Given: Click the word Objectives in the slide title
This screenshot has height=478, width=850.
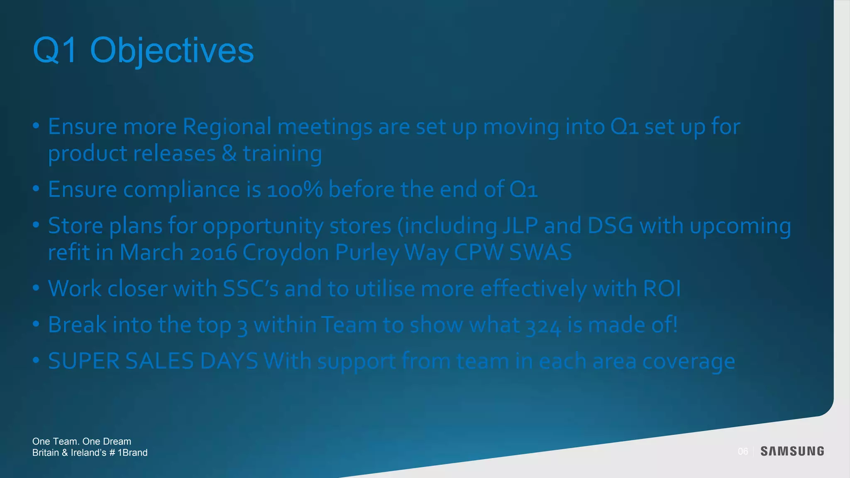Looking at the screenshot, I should tap(171, 51).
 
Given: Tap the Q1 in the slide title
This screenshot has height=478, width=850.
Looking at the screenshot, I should tap(55, 51).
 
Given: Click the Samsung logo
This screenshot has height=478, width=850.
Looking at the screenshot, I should tap(792, 451).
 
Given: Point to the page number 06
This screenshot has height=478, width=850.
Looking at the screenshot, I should tap(743, 451).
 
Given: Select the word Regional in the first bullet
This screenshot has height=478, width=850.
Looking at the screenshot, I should tap(227, 127).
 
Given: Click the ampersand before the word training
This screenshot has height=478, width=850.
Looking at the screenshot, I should tap(229, 154).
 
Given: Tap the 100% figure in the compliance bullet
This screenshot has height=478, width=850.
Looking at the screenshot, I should tap(295, 190).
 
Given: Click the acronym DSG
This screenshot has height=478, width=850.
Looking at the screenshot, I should tap(610, 226).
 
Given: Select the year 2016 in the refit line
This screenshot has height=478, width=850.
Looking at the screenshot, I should tap(213, 253).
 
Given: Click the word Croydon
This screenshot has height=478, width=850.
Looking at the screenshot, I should tap(286, 253).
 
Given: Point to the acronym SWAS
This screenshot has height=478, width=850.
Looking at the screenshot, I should tap(540, 253).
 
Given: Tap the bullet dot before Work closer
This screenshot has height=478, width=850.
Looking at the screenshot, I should tap(36, 288).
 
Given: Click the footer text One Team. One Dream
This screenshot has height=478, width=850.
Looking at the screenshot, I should tap(82, 441).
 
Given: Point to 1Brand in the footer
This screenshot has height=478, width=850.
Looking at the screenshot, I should tap(132, 453).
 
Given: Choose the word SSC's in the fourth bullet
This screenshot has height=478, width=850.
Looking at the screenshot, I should tap(250, 289).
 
